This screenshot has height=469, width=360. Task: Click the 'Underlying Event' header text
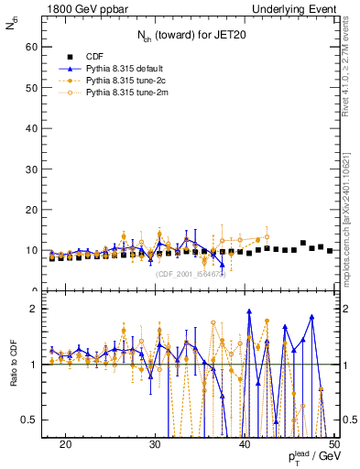pos(299,8)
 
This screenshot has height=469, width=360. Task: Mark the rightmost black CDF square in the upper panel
pos(330,251)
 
